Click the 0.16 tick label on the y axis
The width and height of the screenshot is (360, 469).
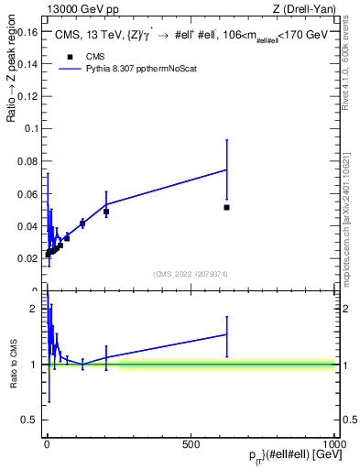27,32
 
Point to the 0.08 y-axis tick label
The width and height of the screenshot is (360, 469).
27,161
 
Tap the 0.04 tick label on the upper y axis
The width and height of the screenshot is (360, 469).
27,226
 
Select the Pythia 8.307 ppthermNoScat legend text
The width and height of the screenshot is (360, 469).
134,69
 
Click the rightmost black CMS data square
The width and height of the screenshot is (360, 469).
227,207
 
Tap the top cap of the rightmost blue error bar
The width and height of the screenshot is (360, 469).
227,139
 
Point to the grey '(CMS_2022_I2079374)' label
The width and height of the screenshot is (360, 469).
190,272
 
